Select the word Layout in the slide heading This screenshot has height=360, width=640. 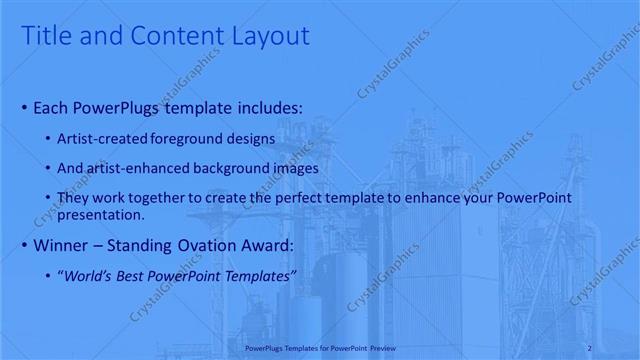click(x=269, y=36)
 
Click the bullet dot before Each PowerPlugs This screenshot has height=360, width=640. click(x=24, y=106)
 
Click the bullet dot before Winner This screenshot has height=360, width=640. click(x=24, y=244)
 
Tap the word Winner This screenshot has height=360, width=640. click(x=63, y=244)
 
